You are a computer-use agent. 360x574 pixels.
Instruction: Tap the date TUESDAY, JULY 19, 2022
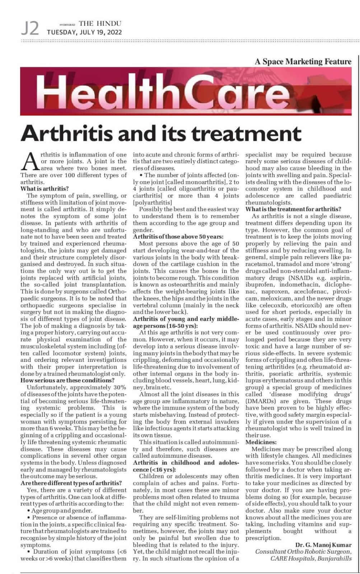(x=85, y=32)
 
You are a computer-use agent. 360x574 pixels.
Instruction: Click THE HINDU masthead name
(x=100, y=24)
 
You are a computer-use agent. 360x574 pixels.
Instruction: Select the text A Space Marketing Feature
(x=303, y=61)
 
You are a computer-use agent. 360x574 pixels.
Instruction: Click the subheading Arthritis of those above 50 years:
(x=178, y=237)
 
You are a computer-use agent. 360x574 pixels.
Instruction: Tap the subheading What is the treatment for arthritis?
(x=293, y=209)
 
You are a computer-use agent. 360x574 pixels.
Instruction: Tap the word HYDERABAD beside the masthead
(x=67, y=24)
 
